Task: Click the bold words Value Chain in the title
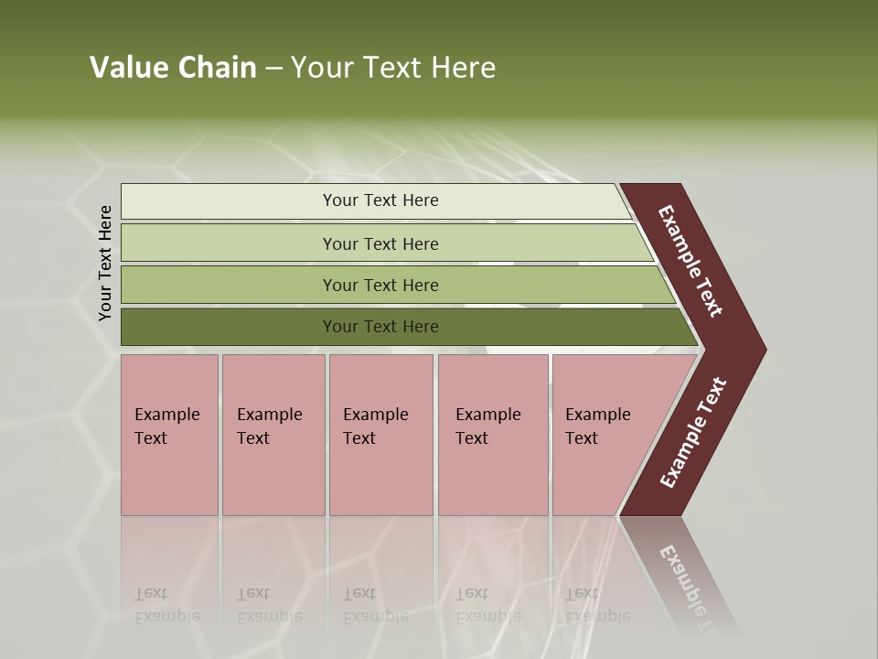point(173,68)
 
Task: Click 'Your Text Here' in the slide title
point(392,68)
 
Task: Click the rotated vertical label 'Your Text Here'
point(105,264)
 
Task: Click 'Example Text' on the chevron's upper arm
point(691,261)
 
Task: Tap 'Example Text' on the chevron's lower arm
point(693,433)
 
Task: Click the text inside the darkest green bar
point(380,327)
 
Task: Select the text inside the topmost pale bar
point(380,200)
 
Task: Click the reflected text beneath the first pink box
point(166,605)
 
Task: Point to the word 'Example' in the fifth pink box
point(597,415)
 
